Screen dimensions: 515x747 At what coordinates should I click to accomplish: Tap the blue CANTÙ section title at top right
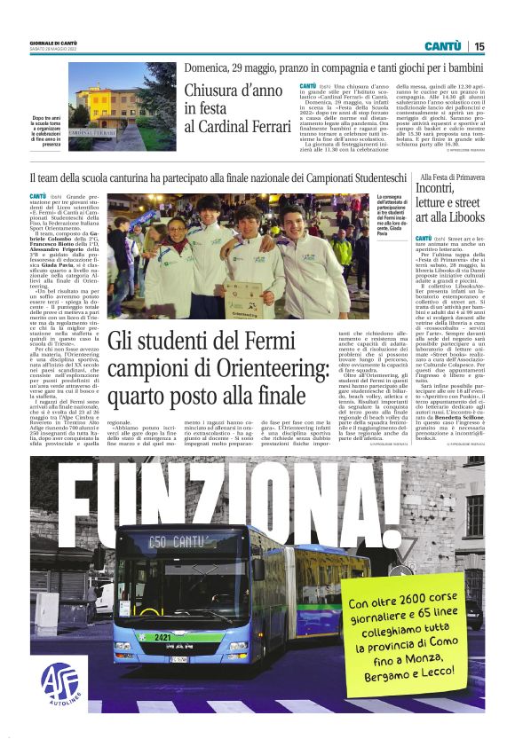(441, 46)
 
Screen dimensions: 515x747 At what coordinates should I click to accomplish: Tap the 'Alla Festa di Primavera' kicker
(447, 178)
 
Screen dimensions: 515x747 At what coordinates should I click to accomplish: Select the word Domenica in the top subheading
(210, 67)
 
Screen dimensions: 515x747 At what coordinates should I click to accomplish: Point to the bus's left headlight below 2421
(133, 649)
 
